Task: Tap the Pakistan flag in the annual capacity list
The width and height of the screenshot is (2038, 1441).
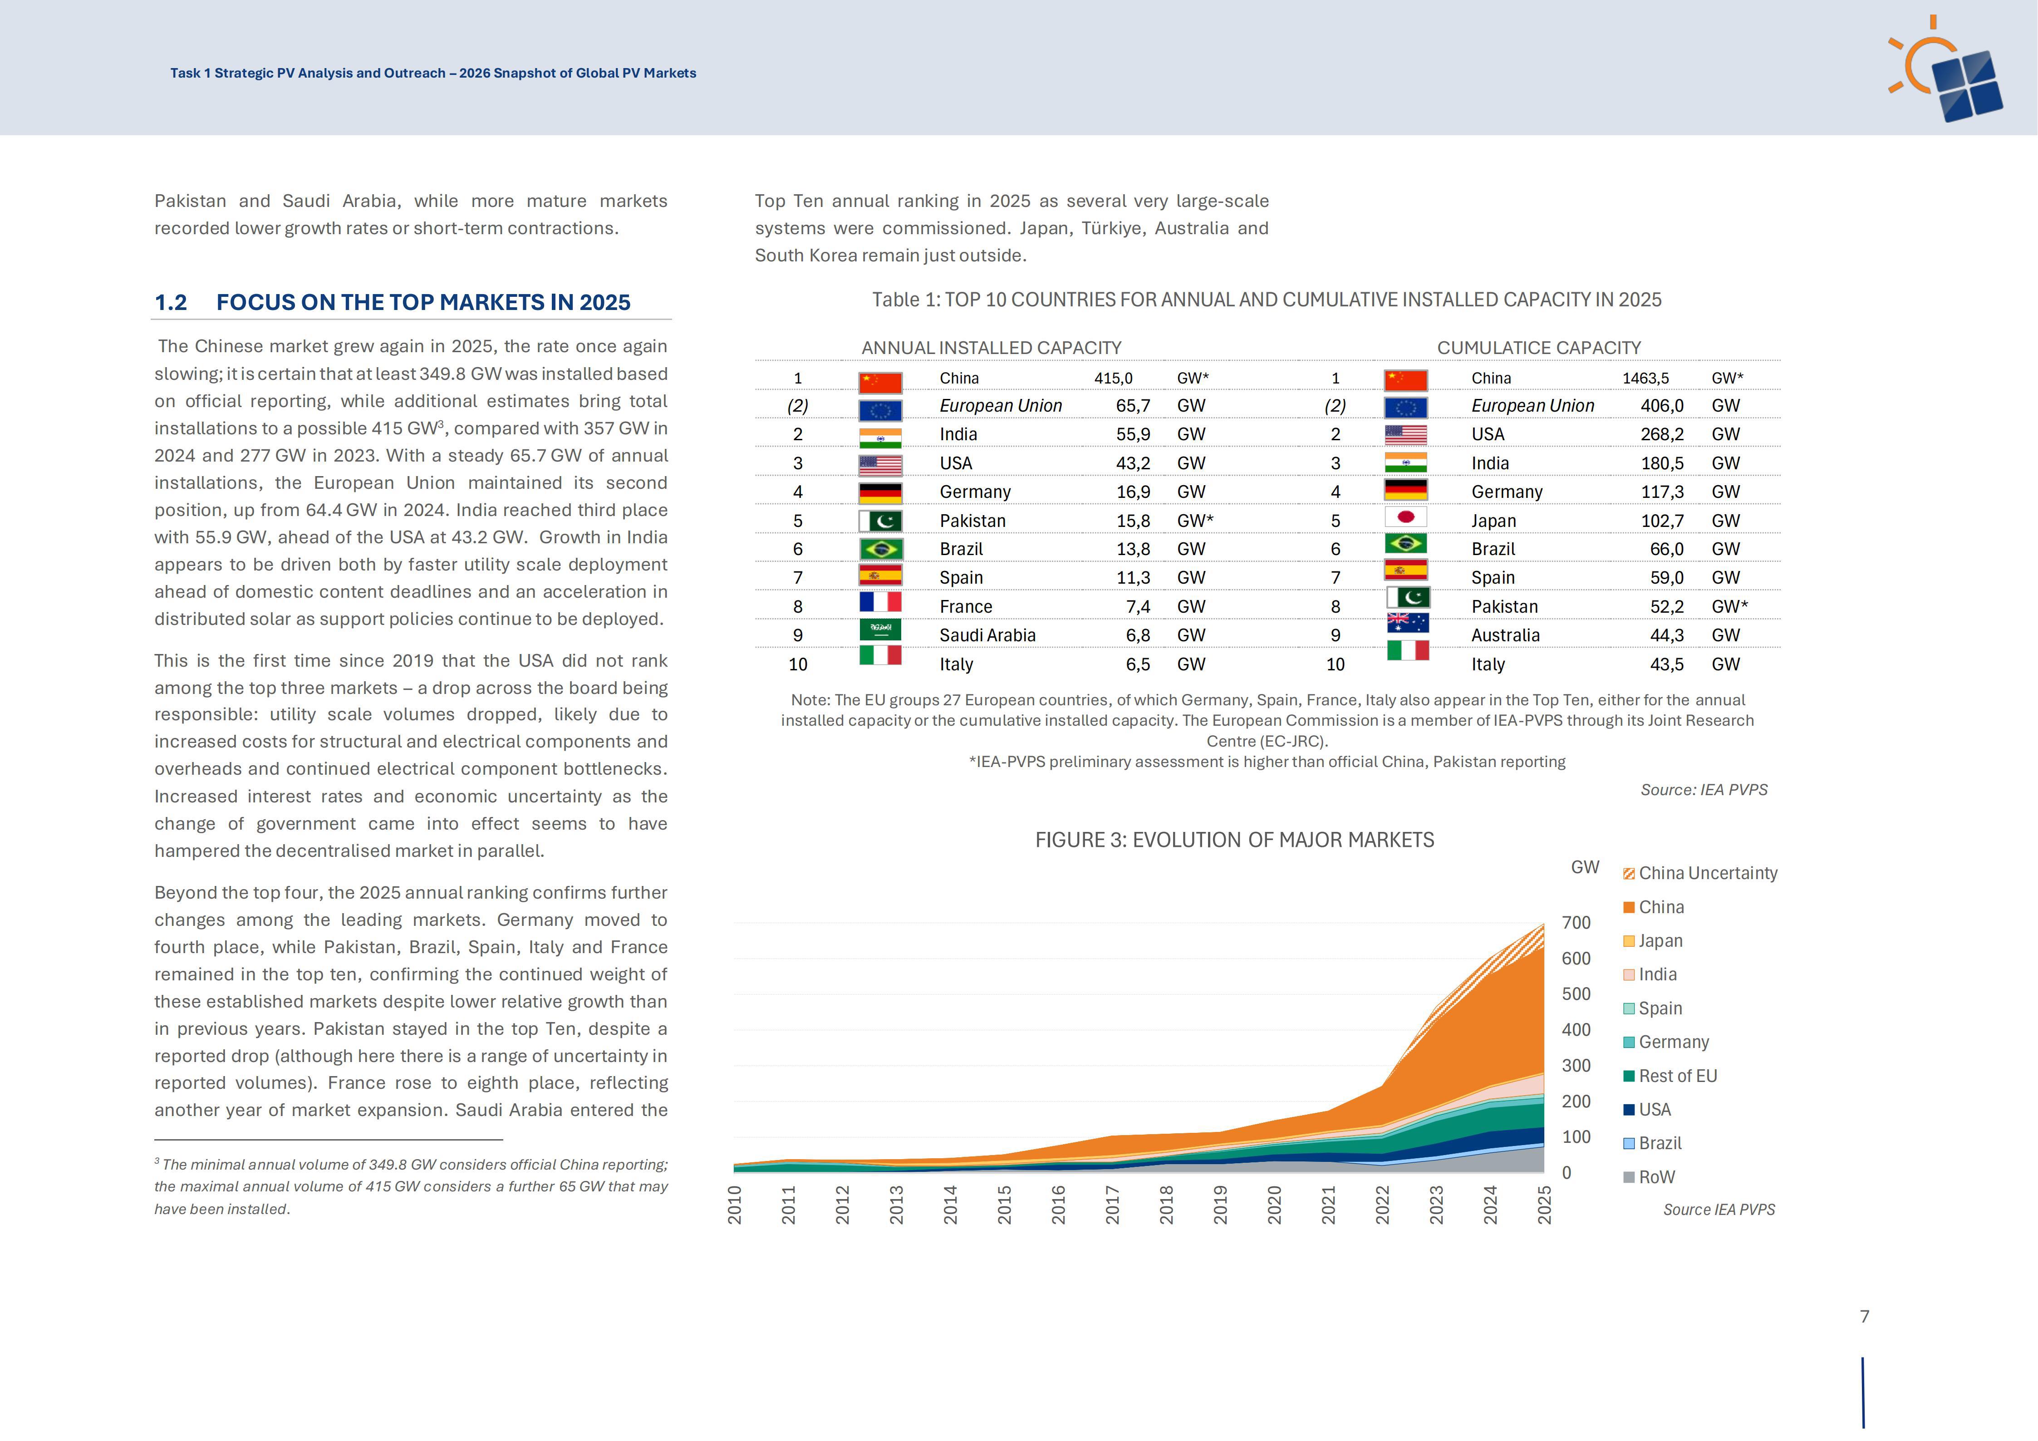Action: click(880, 521)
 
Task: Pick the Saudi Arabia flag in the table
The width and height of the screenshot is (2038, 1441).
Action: click(880, 630)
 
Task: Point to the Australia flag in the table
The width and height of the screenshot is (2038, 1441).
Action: click(1408, 622)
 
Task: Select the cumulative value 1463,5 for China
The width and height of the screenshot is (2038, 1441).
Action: click(1645, 378)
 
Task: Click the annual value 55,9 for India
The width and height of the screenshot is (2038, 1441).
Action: click(1134, 434)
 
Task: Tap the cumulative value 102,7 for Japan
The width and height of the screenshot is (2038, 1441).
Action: click(1663, 521)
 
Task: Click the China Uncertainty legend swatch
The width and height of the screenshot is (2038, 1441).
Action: click(1629, 874)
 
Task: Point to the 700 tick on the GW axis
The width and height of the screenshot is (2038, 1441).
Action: click(1576, 924)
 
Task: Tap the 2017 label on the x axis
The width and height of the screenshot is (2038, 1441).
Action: click(1112, 1205)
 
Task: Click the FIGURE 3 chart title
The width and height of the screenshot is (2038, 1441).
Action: click(1235, 840)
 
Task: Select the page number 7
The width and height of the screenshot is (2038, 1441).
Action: click(1865, 1317)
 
